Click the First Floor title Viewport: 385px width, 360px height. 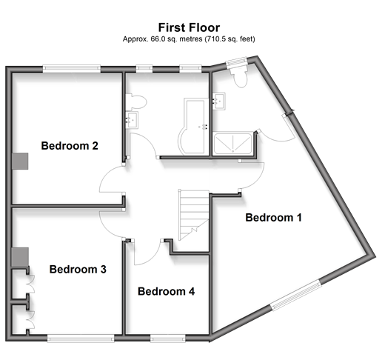point(189,27)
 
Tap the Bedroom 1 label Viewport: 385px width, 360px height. point(273,218)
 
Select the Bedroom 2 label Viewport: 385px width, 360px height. point(70,146)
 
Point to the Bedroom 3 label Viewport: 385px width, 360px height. point(78,269)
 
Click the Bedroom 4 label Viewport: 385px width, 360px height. point(166,291)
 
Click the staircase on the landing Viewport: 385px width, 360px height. point(194,215)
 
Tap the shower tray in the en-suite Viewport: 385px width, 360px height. point(232,144)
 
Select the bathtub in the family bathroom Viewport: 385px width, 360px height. point(194,127)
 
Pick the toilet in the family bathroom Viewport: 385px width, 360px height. point(136,101)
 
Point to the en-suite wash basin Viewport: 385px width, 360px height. point(219,101)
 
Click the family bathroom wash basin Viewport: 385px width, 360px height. point(132,120)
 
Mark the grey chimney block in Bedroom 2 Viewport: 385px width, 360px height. point(20,161)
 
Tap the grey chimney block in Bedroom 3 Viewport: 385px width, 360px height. point(20,257)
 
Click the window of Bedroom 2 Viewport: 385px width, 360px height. point(72,69)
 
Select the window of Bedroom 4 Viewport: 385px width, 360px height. point(168,338)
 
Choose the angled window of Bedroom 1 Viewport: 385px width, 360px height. point(296,296)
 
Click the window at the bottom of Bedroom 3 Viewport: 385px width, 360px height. point(81,338)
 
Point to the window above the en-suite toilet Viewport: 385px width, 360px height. point(237,61)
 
